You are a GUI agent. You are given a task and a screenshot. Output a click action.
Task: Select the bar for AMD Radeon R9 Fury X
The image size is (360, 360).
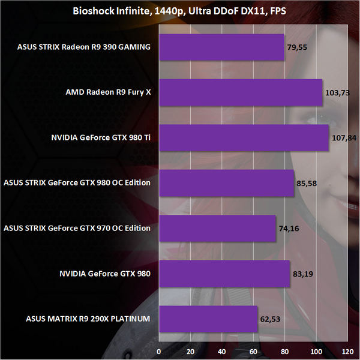[240, 92]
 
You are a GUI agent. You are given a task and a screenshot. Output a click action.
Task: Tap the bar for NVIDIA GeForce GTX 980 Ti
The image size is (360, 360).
[244, 137]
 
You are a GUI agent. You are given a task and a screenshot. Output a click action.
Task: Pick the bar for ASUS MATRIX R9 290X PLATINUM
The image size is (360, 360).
[208, 319]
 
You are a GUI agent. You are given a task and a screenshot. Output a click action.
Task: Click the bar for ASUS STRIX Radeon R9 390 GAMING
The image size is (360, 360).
[221, 47]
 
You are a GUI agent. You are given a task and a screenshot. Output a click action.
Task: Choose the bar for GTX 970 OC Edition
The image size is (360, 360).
[217, 228]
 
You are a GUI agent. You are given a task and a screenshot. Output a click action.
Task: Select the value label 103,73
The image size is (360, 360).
[337, 93]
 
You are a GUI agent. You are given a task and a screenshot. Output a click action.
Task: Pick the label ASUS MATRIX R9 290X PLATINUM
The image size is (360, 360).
[88, 319]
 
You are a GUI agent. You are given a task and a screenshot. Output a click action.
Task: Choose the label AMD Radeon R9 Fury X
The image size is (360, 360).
[108, 92]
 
